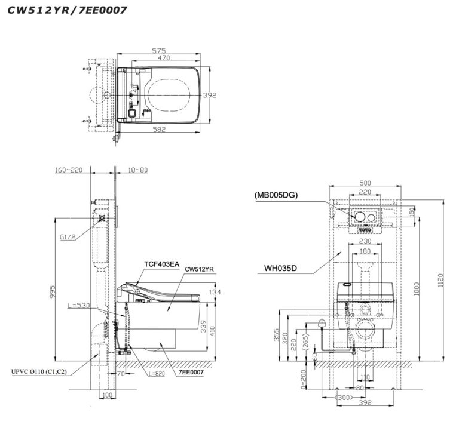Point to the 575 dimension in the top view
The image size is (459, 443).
point(158,51)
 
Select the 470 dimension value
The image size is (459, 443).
point(164,58)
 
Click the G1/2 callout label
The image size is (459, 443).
point(68,237)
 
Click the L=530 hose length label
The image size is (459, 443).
point(79,305)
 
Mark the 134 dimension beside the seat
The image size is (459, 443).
point(215,292)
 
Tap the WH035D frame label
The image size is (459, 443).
point(281,269)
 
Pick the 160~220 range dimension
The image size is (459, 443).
point(69,170)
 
